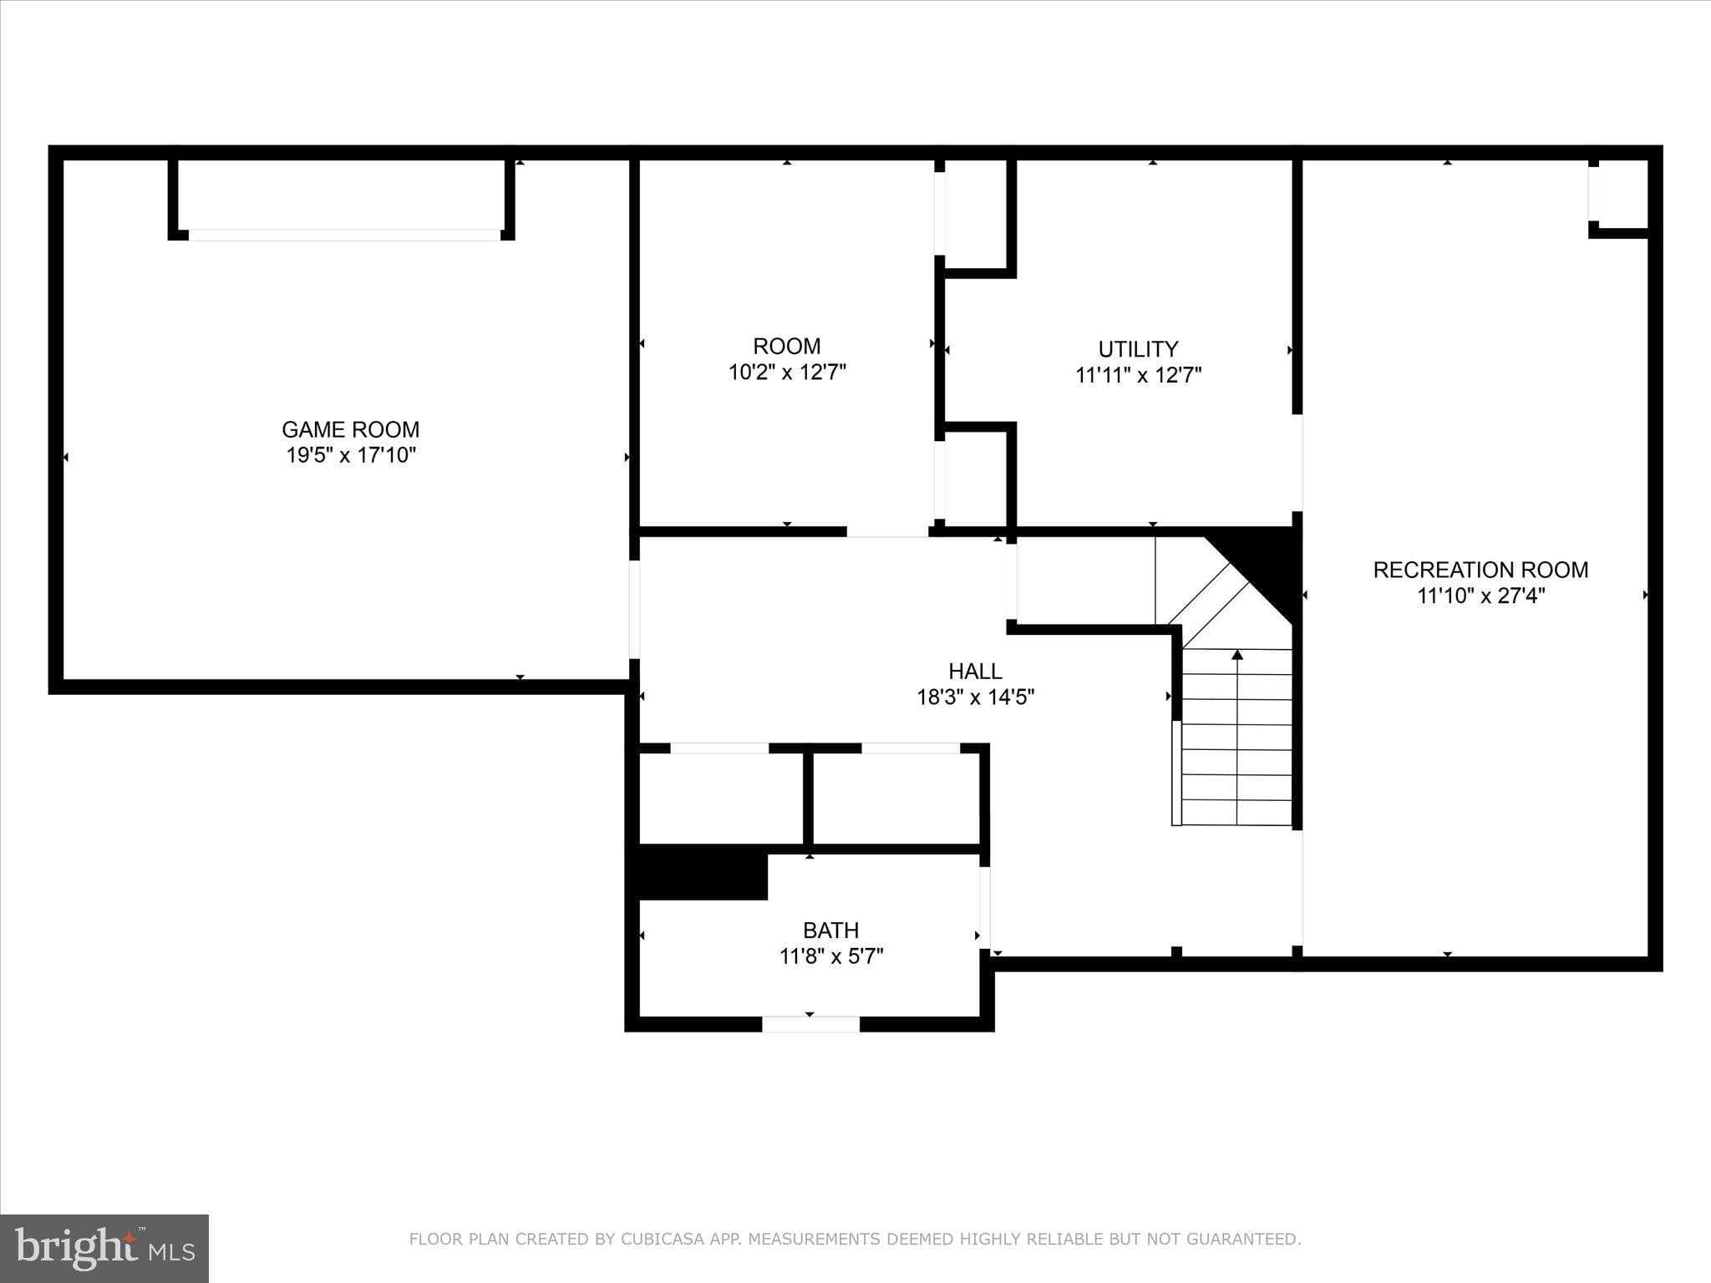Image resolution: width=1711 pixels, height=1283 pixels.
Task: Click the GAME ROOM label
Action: click(x=350, y=429)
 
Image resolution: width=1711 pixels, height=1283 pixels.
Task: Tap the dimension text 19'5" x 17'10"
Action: click(x=350, y=455)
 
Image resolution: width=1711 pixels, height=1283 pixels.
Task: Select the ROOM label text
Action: click(x=786, y=346)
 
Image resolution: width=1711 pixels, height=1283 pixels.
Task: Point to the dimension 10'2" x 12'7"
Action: click(x=787, y=373)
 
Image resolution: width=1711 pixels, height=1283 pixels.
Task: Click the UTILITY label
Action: click(x=1138, y=349)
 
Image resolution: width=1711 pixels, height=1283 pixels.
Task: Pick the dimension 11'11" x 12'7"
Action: click(x=1138, y=375)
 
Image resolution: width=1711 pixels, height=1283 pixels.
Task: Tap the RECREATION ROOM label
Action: click(x=1480, y=570)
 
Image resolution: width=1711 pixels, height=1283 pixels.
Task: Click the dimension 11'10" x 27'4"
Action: click(x=1480, y=596)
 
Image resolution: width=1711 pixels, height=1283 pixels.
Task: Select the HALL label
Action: click(x=975, y=671)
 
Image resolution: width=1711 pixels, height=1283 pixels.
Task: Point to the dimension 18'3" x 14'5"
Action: click(x=975, y=697)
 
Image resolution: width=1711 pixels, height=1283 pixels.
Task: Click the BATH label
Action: click(x=830, y=930)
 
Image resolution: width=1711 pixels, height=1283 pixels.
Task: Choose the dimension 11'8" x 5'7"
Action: click(x=830, y=956)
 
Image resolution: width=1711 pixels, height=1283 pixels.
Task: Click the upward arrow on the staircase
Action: click(x=1237, y=655)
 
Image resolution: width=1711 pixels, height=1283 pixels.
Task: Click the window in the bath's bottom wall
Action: click(x=810, y=1024)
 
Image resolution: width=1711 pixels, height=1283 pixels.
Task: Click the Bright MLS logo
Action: click(x=104, y=1248)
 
